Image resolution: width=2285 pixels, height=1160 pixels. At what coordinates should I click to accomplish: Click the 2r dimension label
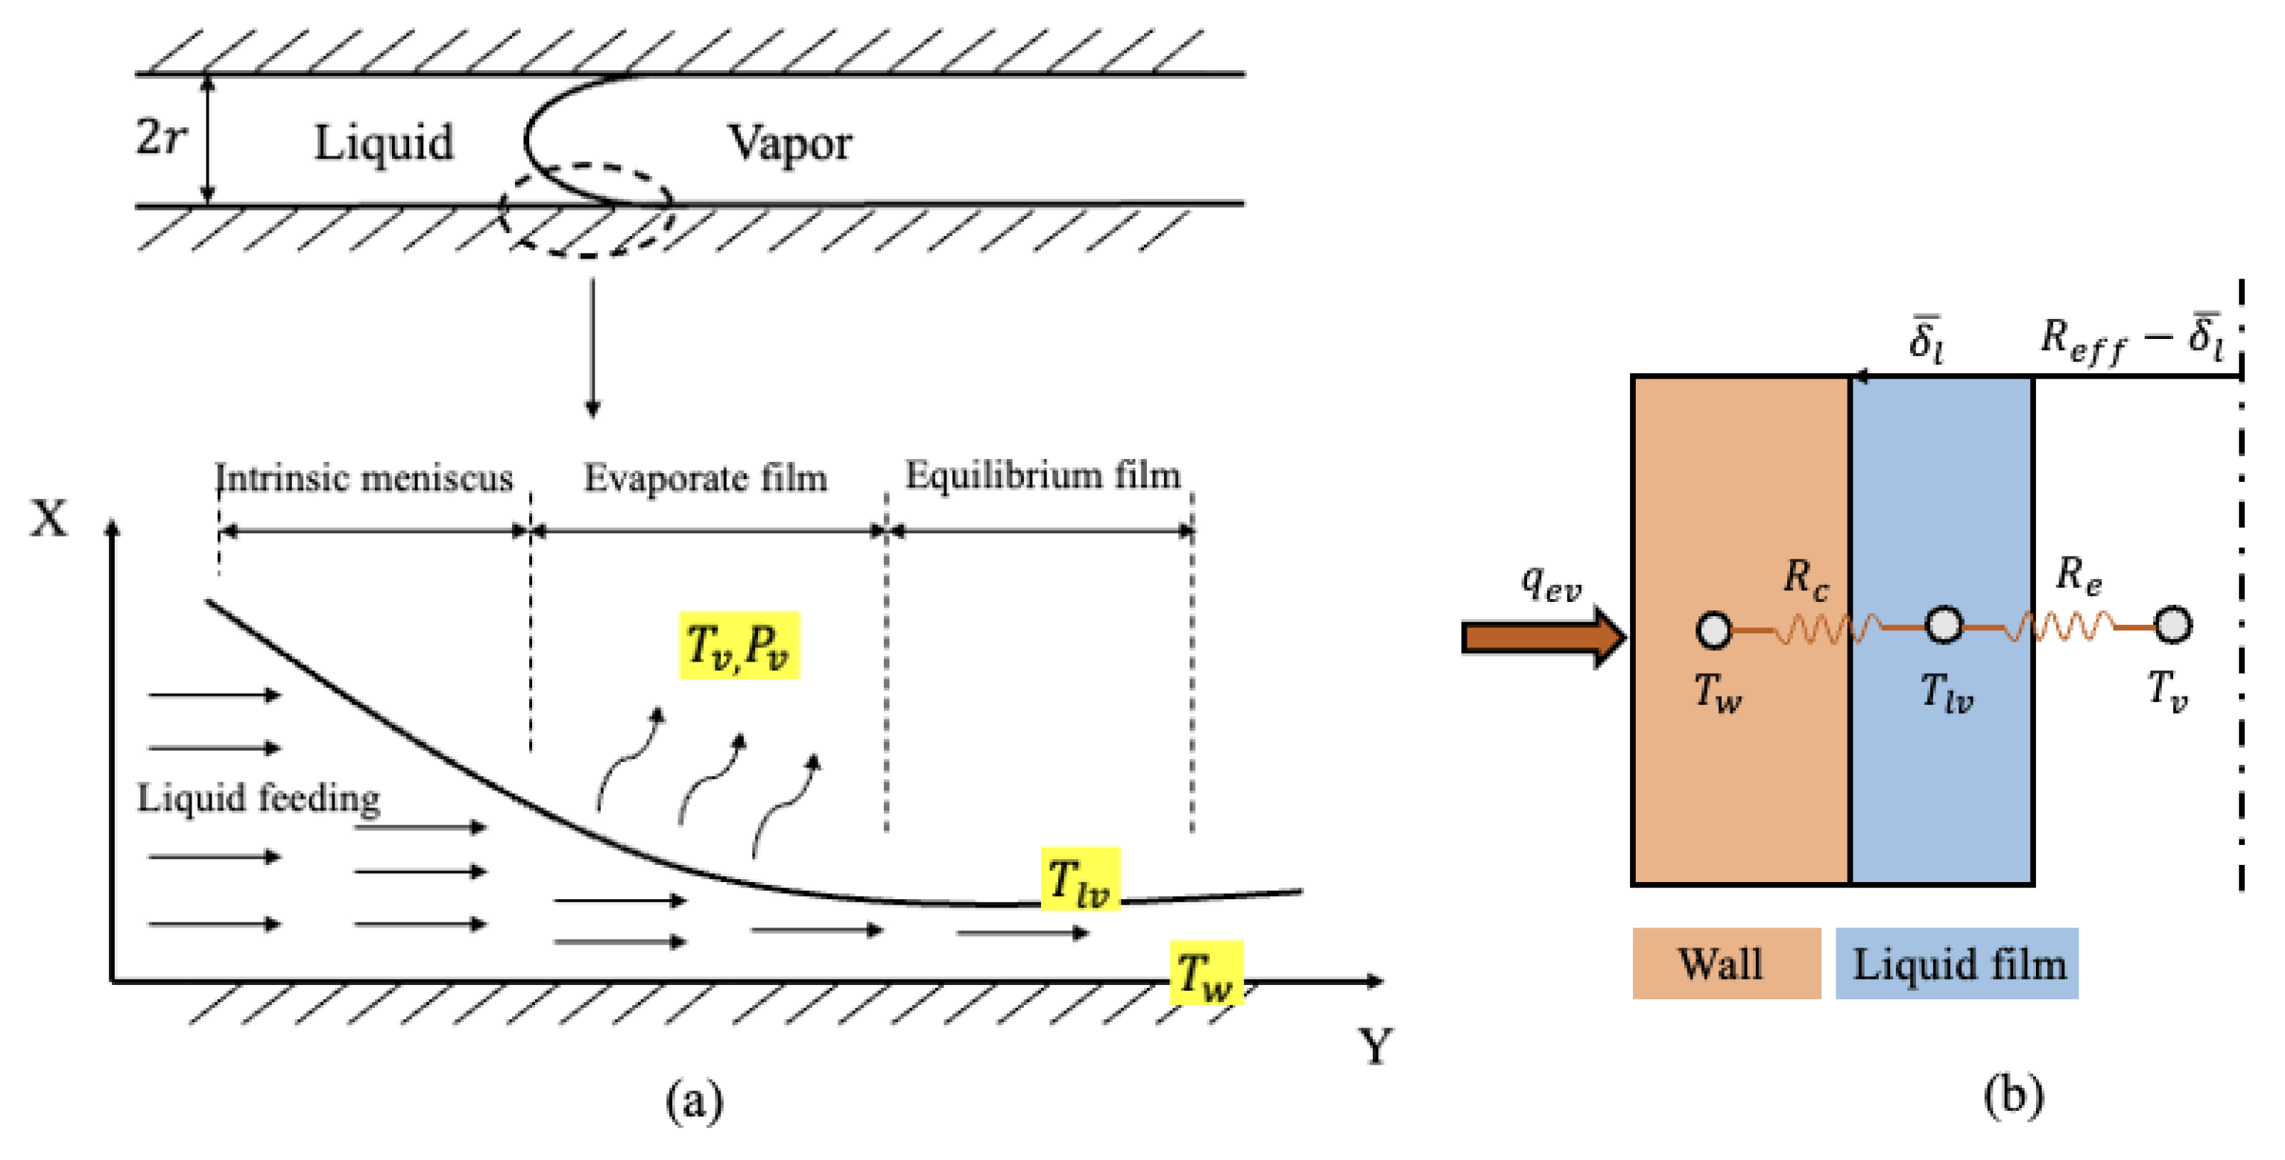tap(160, 138)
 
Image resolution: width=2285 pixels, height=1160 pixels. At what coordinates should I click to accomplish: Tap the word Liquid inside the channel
tap(383, 142)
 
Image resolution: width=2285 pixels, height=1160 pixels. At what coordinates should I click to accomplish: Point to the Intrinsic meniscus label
tap(364, 478)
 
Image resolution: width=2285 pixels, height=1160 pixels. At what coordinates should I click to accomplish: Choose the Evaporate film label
tap(705, 478)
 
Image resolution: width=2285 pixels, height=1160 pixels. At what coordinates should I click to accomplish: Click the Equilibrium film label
tap(1043, 475)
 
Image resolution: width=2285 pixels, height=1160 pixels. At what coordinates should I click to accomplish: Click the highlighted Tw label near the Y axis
tap(1206, 973)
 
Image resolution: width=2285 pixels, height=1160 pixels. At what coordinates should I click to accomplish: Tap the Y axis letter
tap(1375, 1047)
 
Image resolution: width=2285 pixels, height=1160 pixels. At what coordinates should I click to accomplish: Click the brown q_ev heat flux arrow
tap(1543, 637)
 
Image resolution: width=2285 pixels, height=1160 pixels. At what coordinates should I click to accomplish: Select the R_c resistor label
tap(1805, 578)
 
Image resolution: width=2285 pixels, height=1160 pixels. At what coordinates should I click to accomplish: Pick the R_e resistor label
tap(2079, 574)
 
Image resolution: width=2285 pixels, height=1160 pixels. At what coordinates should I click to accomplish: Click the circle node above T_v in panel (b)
tap(2172, 625)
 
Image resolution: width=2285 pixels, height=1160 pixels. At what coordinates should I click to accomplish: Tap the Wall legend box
tap(1726, 963)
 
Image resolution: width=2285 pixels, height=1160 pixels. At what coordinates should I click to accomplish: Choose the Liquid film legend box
tap(1957, 963)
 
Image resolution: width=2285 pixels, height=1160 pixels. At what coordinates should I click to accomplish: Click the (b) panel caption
tap(2014, 1096)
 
